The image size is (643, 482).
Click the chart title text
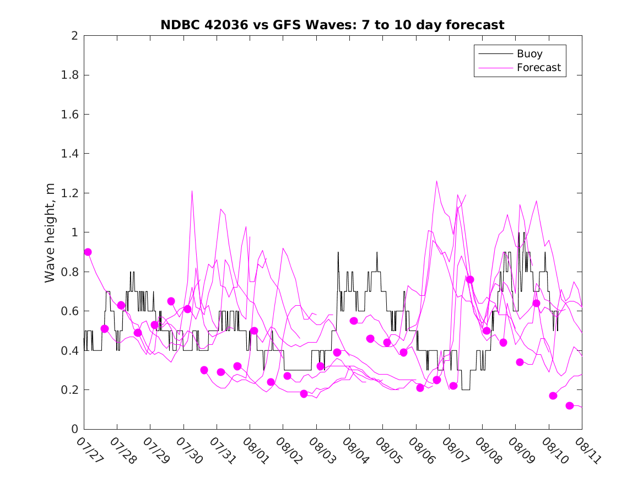(x=332, y=25)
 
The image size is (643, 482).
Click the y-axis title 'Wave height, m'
(x=50, y=233)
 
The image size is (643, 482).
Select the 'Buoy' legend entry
(x=529, y=53)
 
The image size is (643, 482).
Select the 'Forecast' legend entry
(x=538, y=68)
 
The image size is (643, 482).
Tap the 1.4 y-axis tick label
(x=69, y=154)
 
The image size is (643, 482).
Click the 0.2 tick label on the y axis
(x=69, y=390)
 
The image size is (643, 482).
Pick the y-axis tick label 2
(x=74, y=36)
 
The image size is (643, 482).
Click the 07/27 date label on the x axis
(x=90, y=450)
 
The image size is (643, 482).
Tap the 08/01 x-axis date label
(x=257, y=450)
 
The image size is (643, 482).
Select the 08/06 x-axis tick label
(x=423, y=450)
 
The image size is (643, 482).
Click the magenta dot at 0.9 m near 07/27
(x=88, y=252)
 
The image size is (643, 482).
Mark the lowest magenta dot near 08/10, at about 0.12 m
(x=570, y=406)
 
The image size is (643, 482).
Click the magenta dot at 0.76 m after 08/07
(x=470, y=279)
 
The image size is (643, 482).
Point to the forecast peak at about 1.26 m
(x=436, y=181)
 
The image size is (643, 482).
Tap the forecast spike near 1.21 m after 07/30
(x=192, y=191)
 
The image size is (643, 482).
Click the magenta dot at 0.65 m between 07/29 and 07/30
(x=171, y=301)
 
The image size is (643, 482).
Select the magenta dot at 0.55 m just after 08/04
(x=354, y=321)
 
